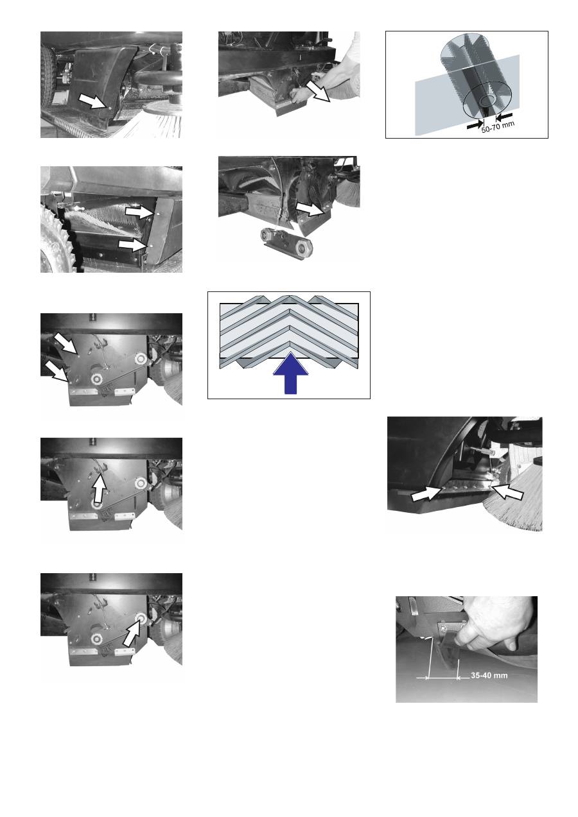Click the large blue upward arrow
(290, 374)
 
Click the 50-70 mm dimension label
(498, 127)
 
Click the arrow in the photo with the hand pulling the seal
(317, 91)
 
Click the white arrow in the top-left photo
(94, 100)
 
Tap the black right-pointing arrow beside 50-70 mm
(475, 125)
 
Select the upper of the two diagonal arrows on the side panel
(66, 343)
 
